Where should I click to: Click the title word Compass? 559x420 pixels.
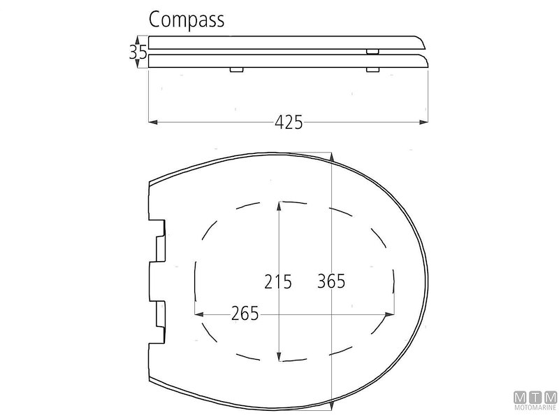tap(187, 20)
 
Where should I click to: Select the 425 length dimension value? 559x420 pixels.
tap(289, 122)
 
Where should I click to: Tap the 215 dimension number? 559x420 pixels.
tap(278, 281)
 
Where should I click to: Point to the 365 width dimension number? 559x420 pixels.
tap(331, 281)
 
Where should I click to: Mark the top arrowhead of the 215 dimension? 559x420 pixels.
tap(279, 204)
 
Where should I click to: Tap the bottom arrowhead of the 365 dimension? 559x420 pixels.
tap(331, 405)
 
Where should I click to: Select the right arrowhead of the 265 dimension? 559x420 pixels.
tap(390, 314)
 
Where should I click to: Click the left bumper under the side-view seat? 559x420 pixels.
tap(236, 69)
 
